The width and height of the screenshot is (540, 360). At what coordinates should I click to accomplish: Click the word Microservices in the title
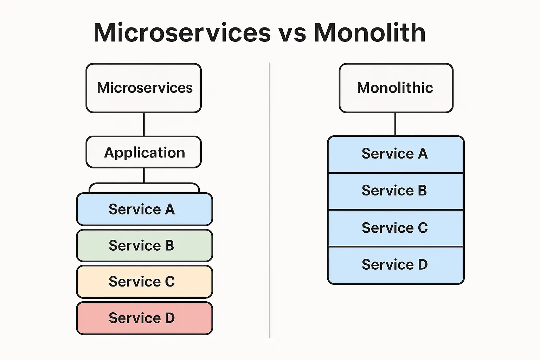pos(182,33)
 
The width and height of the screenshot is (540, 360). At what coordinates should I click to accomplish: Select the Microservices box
pos(144,88)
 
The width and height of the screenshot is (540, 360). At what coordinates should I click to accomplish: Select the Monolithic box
pos(396,88)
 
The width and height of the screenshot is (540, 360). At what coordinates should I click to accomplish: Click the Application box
pos(144,152)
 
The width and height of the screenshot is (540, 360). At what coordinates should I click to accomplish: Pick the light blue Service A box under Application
pos(144,209)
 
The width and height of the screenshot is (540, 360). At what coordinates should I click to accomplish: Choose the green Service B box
pos(144,245)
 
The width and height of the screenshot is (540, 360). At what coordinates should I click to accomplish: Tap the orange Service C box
pos(144,282)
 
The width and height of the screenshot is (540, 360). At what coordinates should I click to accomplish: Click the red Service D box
pos(144,318)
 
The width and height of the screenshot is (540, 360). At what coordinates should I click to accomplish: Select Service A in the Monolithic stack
pos(396,154)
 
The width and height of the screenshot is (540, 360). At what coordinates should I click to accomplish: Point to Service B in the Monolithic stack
pos(396,191)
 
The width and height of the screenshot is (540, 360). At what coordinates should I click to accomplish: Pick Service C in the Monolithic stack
pos(396,228)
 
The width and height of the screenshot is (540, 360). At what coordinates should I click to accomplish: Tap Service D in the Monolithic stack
pos(396,265)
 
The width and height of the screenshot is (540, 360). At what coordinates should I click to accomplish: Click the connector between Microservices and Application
pos(144,124)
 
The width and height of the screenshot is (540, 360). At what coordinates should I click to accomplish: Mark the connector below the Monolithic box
pos(396,124)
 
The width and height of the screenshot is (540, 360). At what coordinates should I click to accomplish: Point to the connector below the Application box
pos(144,175)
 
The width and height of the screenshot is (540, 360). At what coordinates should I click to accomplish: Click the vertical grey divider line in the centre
pos(270,200)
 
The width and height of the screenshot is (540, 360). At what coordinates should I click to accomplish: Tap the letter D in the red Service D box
pos(169,318)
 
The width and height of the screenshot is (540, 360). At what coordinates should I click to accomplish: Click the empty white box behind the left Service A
pos(144,188)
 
